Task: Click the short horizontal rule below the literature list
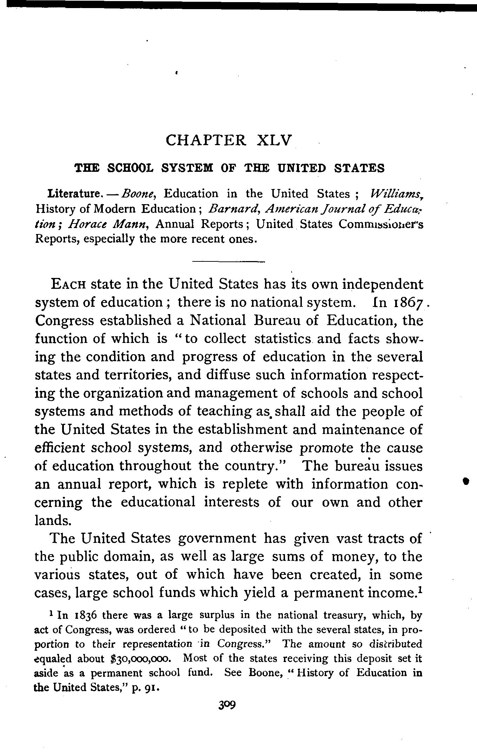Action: [228, 261]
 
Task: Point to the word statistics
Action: [283, 339]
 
